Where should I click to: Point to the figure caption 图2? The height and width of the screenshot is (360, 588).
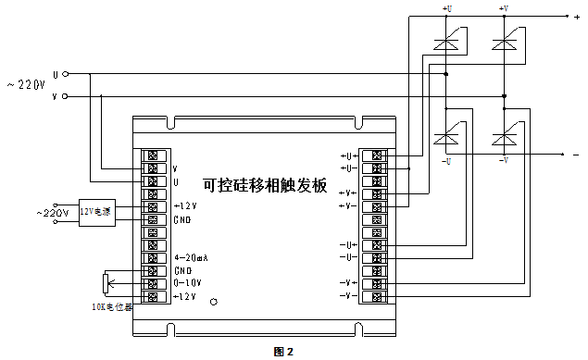283,352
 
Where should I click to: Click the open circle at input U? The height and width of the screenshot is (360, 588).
66,74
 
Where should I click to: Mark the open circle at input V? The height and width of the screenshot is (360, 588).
66,95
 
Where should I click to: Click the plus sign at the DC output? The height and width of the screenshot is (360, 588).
576,17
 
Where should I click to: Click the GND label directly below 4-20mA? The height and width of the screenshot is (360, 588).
182,270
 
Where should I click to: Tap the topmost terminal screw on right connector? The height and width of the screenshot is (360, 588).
376,155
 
